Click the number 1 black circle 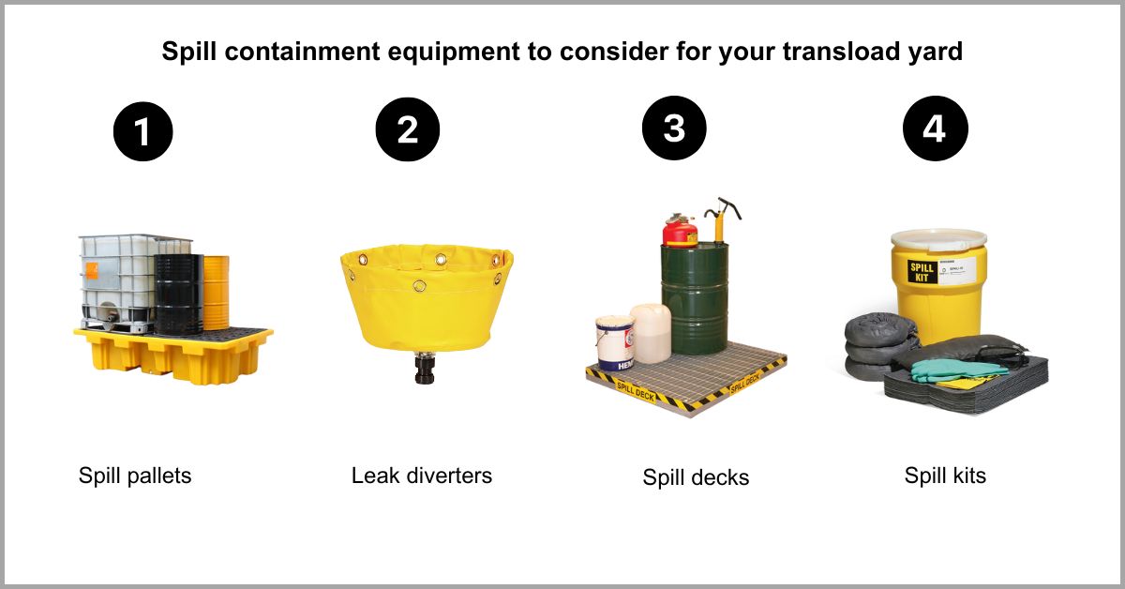[142, 131]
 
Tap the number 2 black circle [408, 129]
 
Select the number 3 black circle [674, 128]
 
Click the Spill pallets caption [135, 476]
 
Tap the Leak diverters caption [422, 476]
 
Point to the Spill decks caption [696, 477]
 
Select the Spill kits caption [945, 476]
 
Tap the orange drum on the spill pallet [217, 291]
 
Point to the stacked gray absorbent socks [869, 347]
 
